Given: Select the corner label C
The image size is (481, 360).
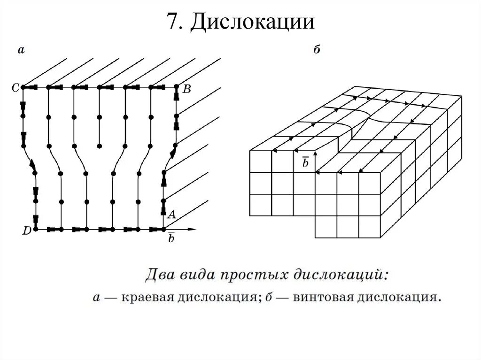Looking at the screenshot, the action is tap(15, 87).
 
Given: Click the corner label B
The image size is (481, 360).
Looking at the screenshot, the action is tap(186, 90).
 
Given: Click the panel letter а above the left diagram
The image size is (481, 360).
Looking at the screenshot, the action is tap(21, 49).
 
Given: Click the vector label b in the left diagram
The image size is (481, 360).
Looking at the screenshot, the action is tap(171, 238).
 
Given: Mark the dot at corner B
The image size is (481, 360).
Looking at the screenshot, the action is tap(176, 87).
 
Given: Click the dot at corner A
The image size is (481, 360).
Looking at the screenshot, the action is tap(163, 230).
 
